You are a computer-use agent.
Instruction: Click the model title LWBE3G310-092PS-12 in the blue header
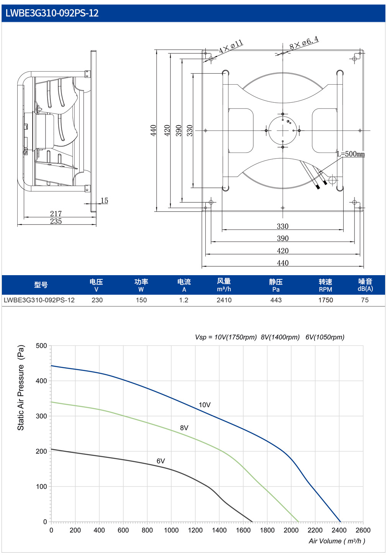coord(52,13)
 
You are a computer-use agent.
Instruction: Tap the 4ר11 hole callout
coord(231,47)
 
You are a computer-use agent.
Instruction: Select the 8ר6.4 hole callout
coord(304,43)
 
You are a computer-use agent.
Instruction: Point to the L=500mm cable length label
coord(351,154)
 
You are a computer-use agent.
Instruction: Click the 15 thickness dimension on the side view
coord(104,200)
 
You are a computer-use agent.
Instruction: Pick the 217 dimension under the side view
coord(56,213)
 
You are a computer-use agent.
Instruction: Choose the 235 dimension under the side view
coord(56,221)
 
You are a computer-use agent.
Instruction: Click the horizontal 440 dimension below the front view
coord(283,263)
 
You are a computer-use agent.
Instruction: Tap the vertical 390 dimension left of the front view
coord(179,131)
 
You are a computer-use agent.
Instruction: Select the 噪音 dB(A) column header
coord(365,285)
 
